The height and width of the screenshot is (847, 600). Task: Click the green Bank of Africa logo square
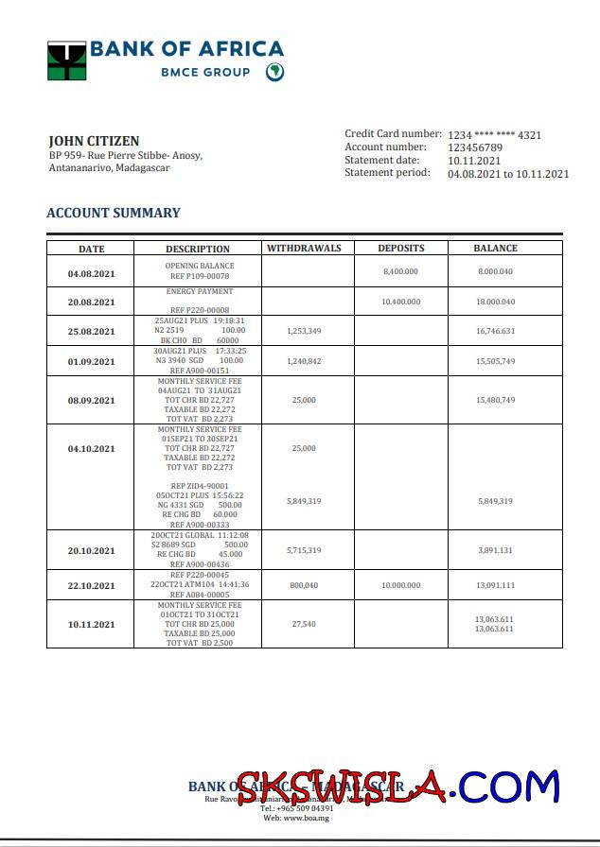click(x=67, y=60)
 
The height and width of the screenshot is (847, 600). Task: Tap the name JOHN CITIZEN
click(x=94, y=141)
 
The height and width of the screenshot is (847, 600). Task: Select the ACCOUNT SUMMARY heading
click(x=114, y=213)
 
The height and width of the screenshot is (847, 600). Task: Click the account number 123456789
click(x=475, y=147)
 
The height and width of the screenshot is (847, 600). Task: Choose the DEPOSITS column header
click(x=401, y=249)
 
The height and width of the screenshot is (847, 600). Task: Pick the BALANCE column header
click(x=496, y=249)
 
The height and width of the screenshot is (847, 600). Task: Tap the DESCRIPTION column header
click(x=198, y=250)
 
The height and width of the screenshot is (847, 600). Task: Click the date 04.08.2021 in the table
click(x=91, y=274)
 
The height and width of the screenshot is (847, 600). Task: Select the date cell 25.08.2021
click(x=91, y=332)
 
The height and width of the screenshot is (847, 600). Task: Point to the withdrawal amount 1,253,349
click(x=304, y=332)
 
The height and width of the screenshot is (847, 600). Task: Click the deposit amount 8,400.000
click(x=400, y=271)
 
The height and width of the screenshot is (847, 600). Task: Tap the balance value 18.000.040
click(x=496, y=302)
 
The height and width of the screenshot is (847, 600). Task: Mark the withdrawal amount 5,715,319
click(x=304, y=550)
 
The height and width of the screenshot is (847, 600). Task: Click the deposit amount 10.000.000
click(x=400, y=585)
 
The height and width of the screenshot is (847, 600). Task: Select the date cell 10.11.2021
click(x=91, y=625)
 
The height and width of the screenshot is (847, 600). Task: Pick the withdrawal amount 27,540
click(x=304, y=624)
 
